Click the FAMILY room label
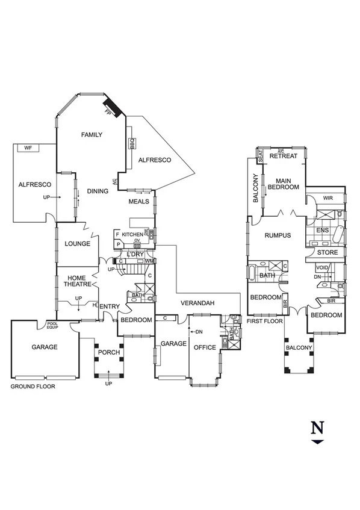coord(92,135)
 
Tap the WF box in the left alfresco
coord(28,148)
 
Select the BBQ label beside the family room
coord(131,145)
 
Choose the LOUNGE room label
coord(77,244)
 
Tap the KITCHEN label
coord(132,234)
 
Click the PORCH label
coord(109,352)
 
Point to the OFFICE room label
coord(205,347)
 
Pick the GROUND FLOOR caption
coord(33,387)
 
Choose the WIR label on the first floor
coord(328,197)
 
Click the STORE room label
coord(327,252)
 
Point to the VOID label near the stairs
coord(322,267)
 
